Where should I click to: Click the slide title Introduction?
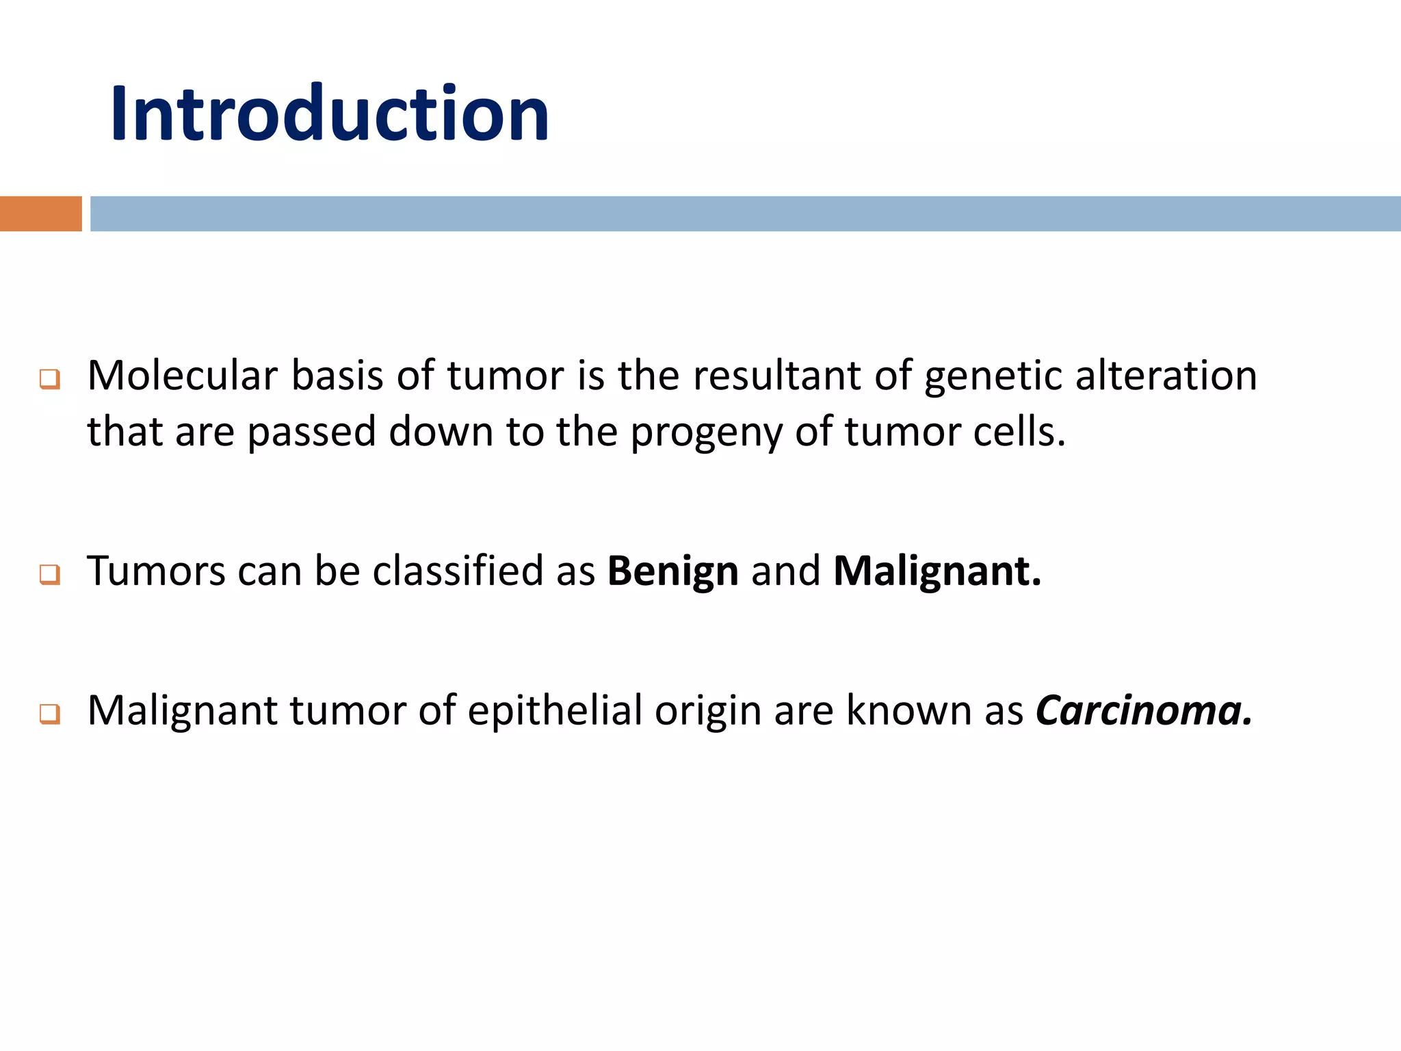(329, 113)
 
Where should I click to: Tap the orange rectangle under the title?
(40, 213)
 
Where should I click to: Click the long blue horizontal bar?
(745, 213)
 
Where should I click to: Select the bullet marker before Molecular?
(50, 378)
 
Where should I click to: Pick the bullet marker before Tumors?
(50, 573)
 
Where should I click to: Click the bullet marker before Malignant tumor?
(50, 714)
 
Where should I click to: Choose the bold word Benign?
(672, 571)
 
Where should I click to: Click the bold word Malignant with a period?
(937, 571)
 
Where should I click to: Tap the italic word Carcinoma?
(1143, 710)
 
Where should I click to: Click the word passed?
(312, 432)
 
